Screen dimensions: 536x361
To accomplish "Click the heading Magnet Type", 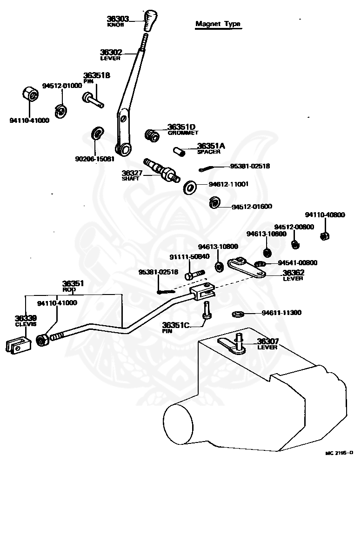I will [218, 24].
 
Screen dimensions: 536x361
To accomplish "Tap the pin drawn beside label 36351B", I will [93, 99].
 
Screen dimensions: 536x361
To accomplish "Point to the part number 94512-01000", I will [62, 86].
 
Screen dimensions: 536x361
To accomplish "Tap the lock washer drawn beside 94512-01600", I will [214, 203].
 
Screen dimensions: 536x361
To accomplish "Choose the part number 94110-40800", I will [325, 215].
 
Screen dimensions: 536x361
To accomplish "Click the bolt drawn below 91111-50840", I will [195, 275].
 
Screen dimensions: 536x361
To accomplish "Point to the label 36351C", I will [175, 325].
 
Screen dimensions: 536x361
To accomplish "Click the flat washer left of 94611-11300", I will [237, 315].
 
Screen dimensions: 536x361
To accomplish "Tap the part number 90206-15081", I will [94, 159].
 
